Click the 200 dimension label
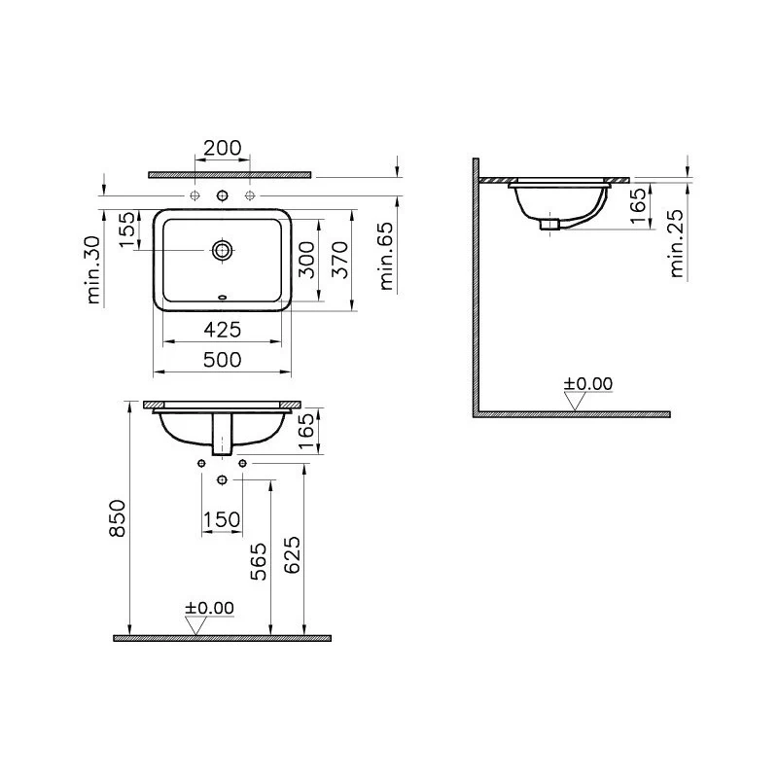[x=223, y=148]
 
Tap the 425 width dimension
[x=223, y=330]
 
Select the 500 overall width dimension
[x=223, y=360]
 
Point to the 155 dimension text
[x=127, y=230]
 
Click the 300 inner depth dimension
[x=306, y=260]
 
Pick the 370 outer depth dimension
[x=340, y=260]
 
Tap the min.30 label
[x=93, y=270]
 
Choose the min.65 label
[x=385, y=256]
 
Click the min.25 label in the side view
[x=676, y=244]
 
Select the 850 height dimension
[x=118, y=518]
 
